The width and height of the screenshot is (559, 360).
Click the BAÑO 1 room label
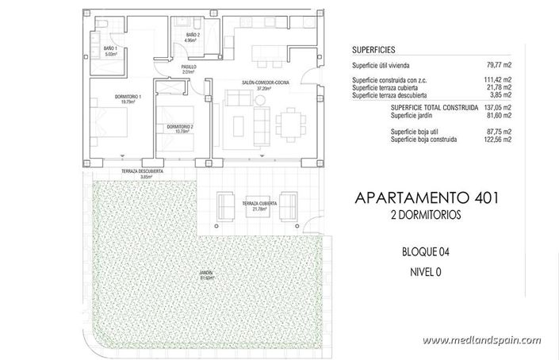pyautogui.click(x=110, y=51)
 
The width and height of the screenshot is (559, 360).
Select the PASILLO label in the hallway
pyautogui.click(x=189, y=69)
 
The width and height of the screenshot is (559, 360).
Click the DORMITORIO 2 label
pyautogui.click(x=181, y=128)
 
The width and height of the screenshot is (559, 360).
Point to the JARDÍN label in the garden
pyautogui.click(x=206, y=274)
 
